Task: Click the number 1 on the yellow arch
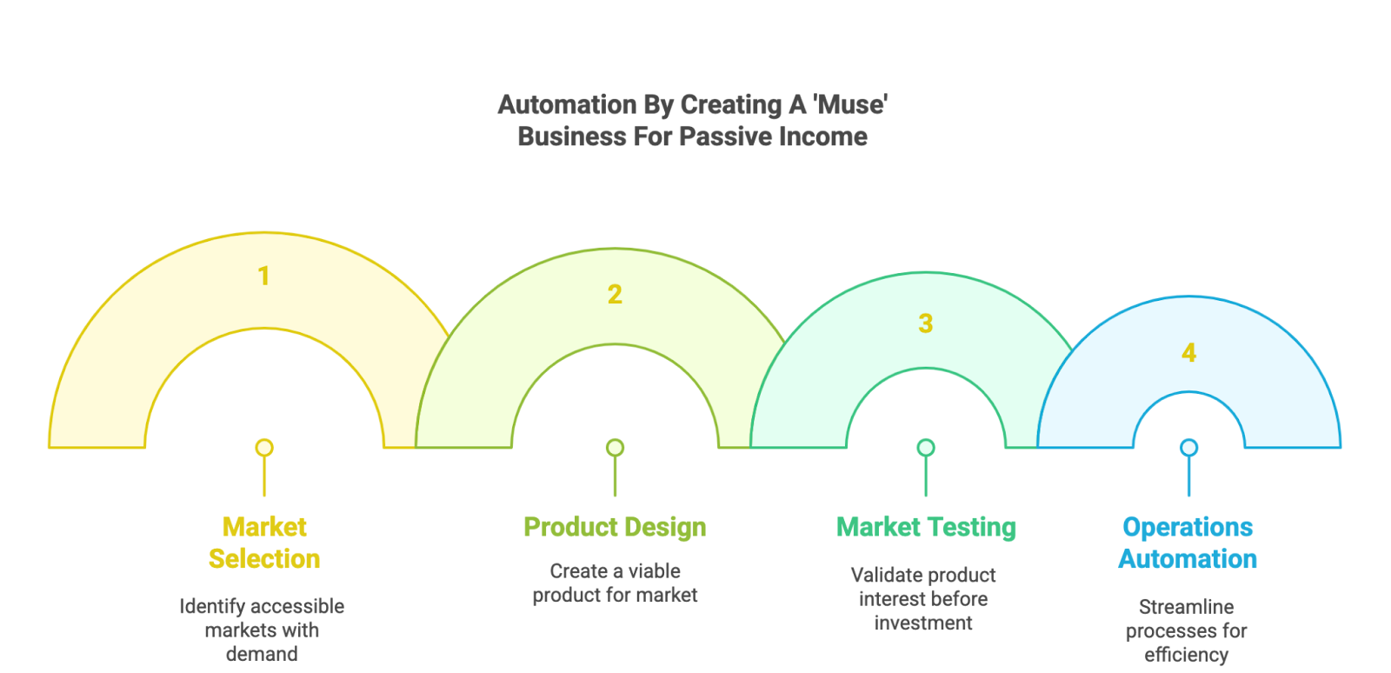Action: (x=264, y=276)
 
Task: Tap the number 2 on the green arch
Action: (x=615, y=294)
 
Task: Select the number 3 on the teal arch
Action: (x=925, y=323)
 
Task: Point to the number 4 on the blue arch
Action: (x=1188, y=353)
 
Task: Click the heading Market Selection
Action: (x=264, y=543)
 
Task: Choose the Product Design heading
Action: (x=615, y=527)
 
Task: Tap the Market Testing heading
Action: (x=926, y=527)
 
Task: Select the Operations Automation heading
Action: (x=1188, y=543)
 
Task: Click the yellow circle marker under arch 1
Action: (x=264, y=448)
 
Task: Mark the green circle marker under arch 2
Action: (x=615, y=448)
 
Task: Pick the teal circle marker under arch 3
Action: (x=926, y=448)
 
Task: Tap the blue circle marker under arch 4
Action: (x=1189, y=448)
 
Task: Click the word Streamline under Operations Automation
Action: (x=1186, y=607)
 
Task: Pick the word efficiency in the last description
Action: (x=1186, y=655)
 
